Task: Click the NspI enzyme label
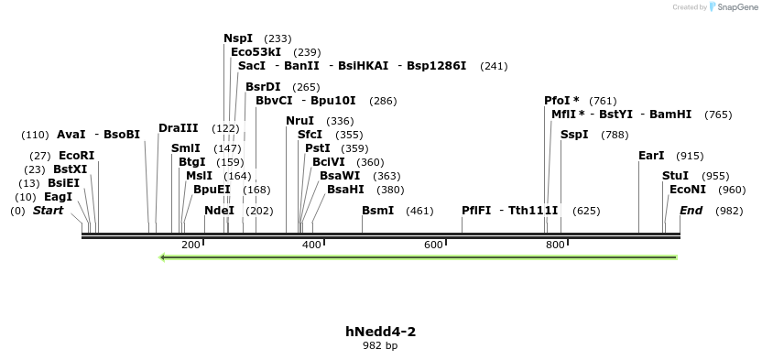(238, 38)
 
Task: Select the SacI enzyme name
(251, 66)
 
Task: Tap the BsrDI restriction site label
(263, 87)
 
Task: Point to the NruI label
(300, 121)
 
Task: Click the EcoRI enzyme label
(76, 156)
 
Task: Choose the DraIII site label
(178, 128)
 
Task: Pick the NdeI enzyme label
(219, 211)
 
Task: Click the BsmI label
(378, 211)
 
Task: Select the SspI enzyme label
(574, 135)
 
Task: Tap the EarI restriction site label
(651, 156)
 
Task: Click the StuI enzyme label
(675, 175)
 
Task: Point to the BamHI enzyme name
(670, 115)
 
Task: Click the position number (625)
(586, 211)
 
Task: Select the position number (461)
(419, 211)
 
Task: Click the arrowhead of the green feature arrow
(163, 257)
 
